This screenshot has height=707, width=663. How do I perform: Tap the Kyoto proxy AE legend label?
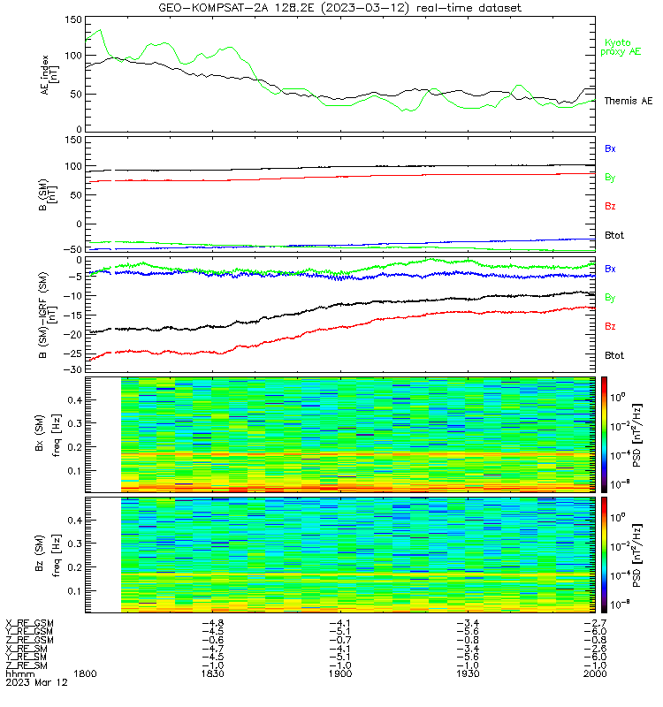(621, 48)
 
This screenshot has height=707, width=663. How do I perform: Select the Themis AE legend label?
(629, 101)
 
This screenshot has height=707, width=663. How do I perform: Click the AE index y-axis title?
(50, 75)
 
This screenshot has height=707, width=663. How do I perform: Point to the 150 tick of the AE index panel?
(73, 19)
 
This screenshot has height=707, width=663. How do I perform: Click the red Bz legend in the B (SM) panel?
(610, 206)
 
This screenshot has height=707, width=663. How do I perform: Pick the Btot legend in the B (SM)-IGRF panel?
(613, 355)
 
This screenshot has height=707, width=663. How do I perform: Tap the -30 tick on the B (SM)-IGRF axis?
(73, 369)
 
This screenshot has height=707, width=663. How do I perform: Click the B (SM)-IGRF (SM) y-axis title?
(48, 315)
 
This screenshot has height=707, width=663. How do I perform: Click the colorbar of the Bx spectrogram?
(604, 435)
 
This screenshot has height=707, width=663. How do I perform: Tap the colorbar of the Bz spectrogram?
(604, 555)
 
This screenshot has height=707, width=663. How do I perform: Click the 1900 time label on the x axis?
(340, 673)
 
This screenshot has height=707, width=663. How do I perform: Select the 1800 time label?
(85, 673)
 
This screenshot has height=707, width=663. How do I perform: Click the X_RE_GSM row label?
(29, 623)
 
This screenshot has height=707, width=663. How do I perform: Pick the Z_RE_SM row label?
(27, 665)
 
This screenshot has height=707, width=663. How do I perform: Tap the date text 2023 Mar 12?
(36, 682)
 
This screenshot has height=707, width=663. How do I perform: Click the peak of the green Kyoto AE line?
(101, 30)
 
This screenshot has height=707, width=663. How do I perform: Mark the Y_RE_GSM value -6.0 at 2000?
(595, 631)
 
